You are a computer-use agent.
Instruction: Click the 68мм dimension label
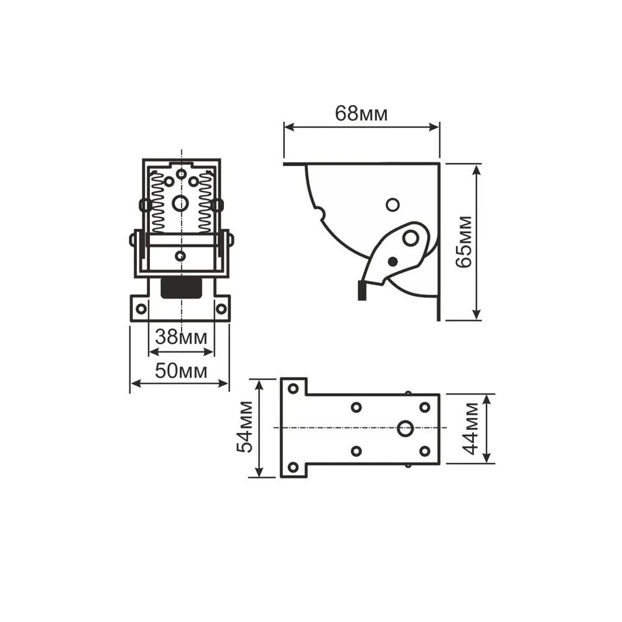click(361, 113)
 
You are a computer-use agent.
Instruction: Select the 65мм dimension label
click(464, 242)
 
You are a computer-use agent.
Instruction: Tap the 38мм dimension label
click(181, 337)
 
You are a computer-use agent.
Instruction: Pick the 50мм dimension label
click(181, 371)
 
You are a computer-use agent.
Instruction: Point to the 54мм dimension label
click(244, 427)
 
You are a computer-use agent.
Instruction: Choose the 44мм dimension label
click(470, 429)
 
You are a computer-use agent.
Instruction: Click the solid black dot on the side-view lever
click(392, 261)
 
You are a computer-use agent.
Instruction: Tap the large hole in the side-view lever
click(411, 238)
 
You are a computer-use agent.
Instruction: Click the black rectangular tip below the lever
click(362, 290)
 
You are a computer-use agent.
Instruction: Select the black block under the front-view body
click(181, 288)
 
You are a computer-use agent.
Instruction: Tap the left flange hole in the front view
click(141, 309)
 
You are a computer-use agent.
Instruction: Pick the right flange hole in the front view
click(221, 309)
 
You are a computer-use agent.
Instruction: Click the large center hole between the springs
click(180, 203)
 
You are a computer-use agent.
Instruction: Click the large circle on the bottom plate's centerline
click(405, 429)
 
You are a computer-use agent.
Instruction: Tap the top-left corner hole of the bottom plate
click(293, 388)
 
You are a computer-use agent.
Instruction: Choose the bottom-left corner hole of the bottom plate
click(293, 467)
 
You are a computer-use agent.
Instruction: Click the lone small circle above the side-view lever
click(392, 205)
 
